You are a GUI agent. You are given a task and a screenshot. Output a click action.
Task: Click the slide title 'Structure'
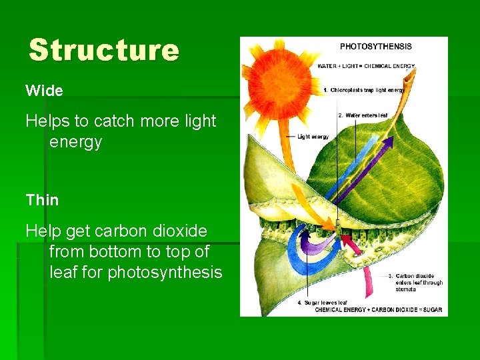click(x=104, y=50)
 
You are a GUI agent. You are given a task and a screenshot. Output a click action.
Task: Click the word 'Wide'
click(x=44, y=90)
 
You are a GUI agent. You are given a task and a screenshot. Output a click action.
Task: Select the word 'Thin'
click(x=42, y=199)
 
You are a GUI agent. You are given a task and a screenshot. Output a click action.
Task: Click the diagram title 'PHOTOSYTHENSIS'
click(x=375, y=47)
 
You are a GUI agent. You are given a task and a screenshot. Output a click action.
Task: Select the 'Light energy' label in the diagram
click(x=313, y=137)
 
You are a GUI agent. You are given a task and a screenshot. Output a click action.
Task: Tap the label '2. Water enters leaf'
click(x=364, y=115)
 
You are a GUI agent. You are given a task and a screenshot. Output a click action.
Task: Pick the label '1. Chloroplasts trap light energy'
click(x=363, y=90)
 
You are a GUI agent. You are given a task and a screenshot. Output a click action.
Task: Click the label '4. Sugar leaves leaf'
click(x=323, y=303)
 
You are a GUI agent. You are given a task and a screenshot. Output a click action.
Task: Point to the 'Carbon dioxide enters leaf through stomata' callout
click(x=419, y=283)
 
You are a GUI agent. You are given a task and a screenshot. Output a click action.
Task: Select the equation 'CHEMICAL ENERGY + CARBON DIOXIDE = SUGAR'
click(x=378, y=309)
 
